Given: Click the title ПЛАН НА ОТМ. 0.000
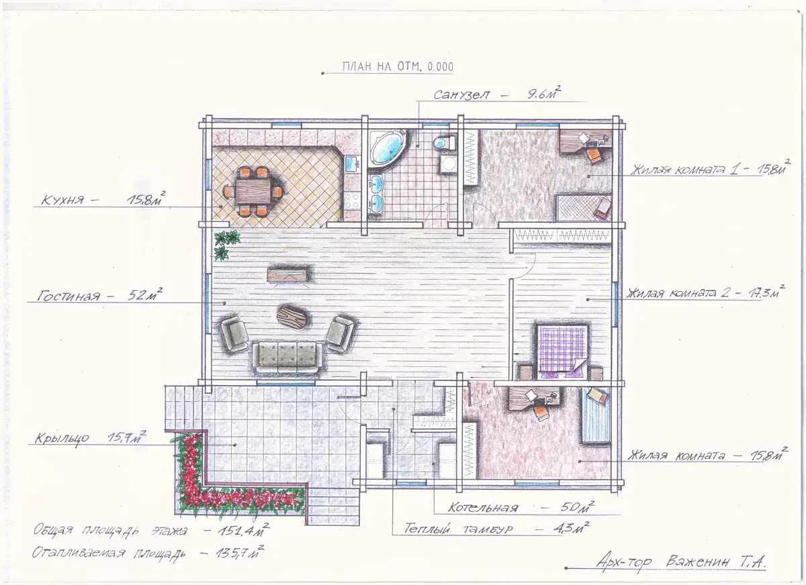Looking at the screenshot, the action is coord(398,66).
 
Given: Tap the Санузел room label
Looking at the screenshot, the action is coord(461,95).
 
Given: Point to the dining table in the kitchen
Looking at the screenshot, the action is coord(253,192).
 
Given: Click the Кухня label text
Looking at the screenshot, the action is coord(62,200).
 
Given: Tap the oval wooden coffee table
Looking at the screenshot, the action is coord(292,317).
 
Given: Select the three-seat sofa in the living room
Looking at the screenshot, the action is coord(287,357).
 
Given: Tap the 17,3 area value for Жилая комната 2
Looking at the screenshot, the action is coord(760,293).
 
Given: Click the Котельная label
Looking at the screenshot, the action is coord(482,507).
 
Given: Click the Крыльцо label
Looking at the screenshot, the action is coord(62,438).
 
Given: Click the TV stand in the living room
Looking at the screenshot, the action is coord(287,275).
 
